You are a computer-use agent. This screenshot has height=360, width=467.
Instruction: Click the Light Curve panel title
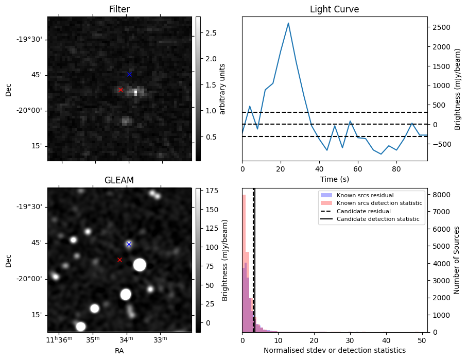(x=334, y=9)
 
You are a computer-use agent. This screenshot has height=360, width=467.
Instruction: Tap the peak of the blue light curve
(x=288, y=23)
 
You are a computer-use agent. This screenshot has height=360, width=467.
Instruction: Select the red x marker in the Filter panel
(x=120, y=90)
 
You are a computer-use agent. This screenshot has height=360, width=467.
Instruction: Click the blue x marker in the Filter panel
(x=129, y=74)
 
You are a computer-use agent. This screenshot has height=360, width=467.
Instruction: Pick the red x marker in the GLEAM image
(x=119, y=260)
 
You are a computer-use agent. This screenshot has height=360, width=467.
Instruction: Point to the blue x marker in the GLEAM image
(x=129, y=244)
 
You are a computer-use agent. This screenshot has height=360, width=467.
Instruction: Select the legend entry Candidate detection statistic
(x=378, y=219)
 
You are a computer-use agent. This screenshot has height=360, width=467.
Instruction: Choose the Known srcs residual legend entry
(x=365, y=195)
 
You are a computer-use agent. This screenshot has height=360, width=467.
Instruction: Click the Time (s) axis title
(x=334, y=179)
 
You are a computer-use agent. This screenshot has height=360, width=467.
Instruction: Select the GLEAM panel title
(x=119, y=180)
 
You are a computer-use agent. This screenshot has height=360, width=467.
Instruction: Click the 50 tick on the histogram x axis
(x=421, y=340)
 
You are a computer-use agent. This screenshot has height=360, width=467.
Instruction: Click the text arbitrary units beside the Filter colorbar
(x=223, y=89)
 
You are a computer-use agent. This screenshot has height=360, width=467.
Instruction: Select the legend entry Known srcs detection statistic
(x=379, y=203)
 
